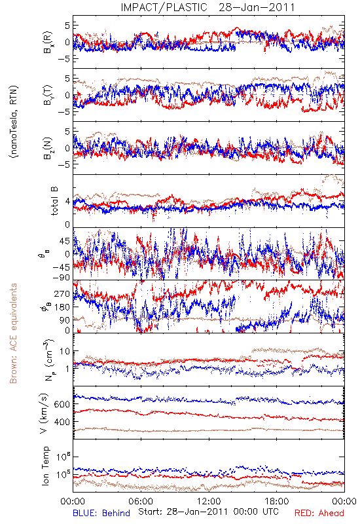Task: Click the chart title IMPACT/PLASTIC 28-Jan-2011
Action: pyautogui.click(x=207, y=7)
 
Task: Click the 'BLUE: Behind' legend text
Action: pyautogui.click(x=101, y=514)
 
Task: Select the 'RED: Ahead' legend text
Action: pyautogui.click(x=319, y=514)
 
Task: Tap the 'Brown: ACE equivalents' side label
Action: pyautogui.click(x=13, y=333)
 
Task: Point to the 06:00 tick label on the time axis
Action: pyautogui.click(x=141, y=501)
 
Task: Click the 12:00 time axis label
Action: pyautogui.click(x=209, y=501)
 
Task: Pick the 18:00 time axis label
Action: pyautogui.click(x=277, y=501)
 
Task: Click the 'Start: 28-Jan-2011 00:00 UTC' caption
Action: pyautogui.click(x=208, y=512)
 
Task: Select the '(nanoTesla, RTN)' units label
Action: pyautogui.click(x=14, y=122)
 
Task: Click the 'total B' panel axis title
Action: pyautogui.click(x=54, y=201)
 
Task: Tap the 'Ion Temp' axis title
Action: pyautogui.click(x=46, y=466)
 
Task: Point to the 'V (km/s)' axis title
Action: pyautogui.click(x=45, y=413)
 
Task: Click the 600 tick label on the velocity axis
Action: pyautogui.click(x=63, y=404)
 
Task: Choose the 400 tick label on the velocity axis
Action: pyautogui.click(x=63, y=422)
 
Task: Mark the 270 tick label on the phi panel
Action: pyautogui.click(x=63, y=293)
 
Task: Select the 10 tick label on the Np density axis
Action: pyautogui.click(x=65, y=351)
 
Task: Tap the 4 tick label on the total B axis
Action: pyautogui.click(x=68, y=202)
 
